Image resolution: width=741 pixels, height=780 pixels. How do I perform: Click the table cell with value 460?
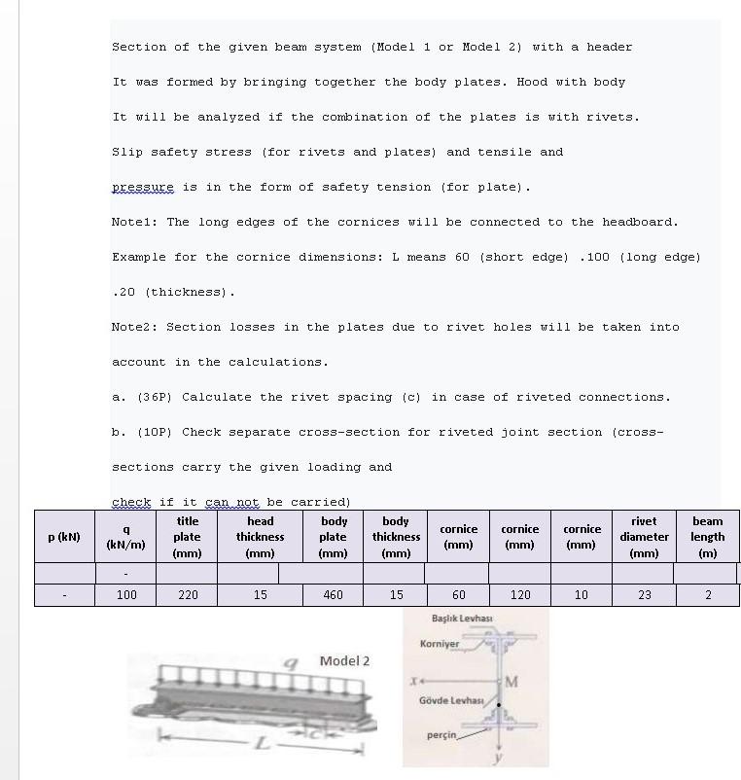point(333,594)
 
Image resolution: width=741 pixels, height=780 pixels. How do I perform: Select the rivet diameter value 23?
point(644,594)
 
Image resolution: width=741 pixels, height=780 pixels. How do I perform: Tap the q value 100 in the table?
point(126,594)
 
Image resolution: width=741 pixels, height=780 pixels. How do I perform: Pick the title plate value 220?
point(188,594)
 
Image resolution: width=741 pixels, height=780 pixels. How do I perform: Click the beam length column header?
point(707,537)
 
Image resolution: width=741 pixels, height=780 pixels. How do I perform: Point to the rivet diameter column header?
point(644,537)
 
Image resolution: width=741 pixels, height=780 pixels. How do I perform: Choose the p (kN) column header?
point(64,537)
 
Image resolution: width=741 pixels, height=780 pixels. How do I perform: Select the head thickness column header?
point(260,537)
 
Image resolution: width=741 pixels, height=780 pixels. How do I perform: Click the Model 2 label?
point(344,661)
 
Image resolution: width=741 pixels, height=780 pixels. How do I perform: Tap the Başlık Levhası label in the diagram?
point(462,619)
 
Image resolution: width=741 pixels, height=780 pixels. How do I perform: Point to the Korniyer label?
point(439,644)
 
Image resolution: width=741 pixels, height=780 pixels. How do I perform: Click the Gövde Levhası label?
point(451,700)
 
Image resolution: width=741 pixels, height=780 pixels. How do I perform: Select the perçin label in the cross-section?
point(441,735)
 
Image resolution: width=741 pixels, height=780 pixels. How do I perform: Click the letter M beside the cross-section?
point(512,681)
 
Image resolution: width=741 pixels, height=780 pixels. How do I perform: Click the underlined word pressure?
point(142,187)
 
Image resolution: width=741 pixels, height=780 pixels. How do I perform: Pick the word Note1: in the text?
point(134,222)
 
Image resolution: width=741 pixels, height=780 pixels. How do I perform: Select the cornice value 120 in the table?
point(520,594)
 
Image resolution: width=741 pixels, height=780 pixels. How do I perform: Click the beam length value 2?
point(707,594)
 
